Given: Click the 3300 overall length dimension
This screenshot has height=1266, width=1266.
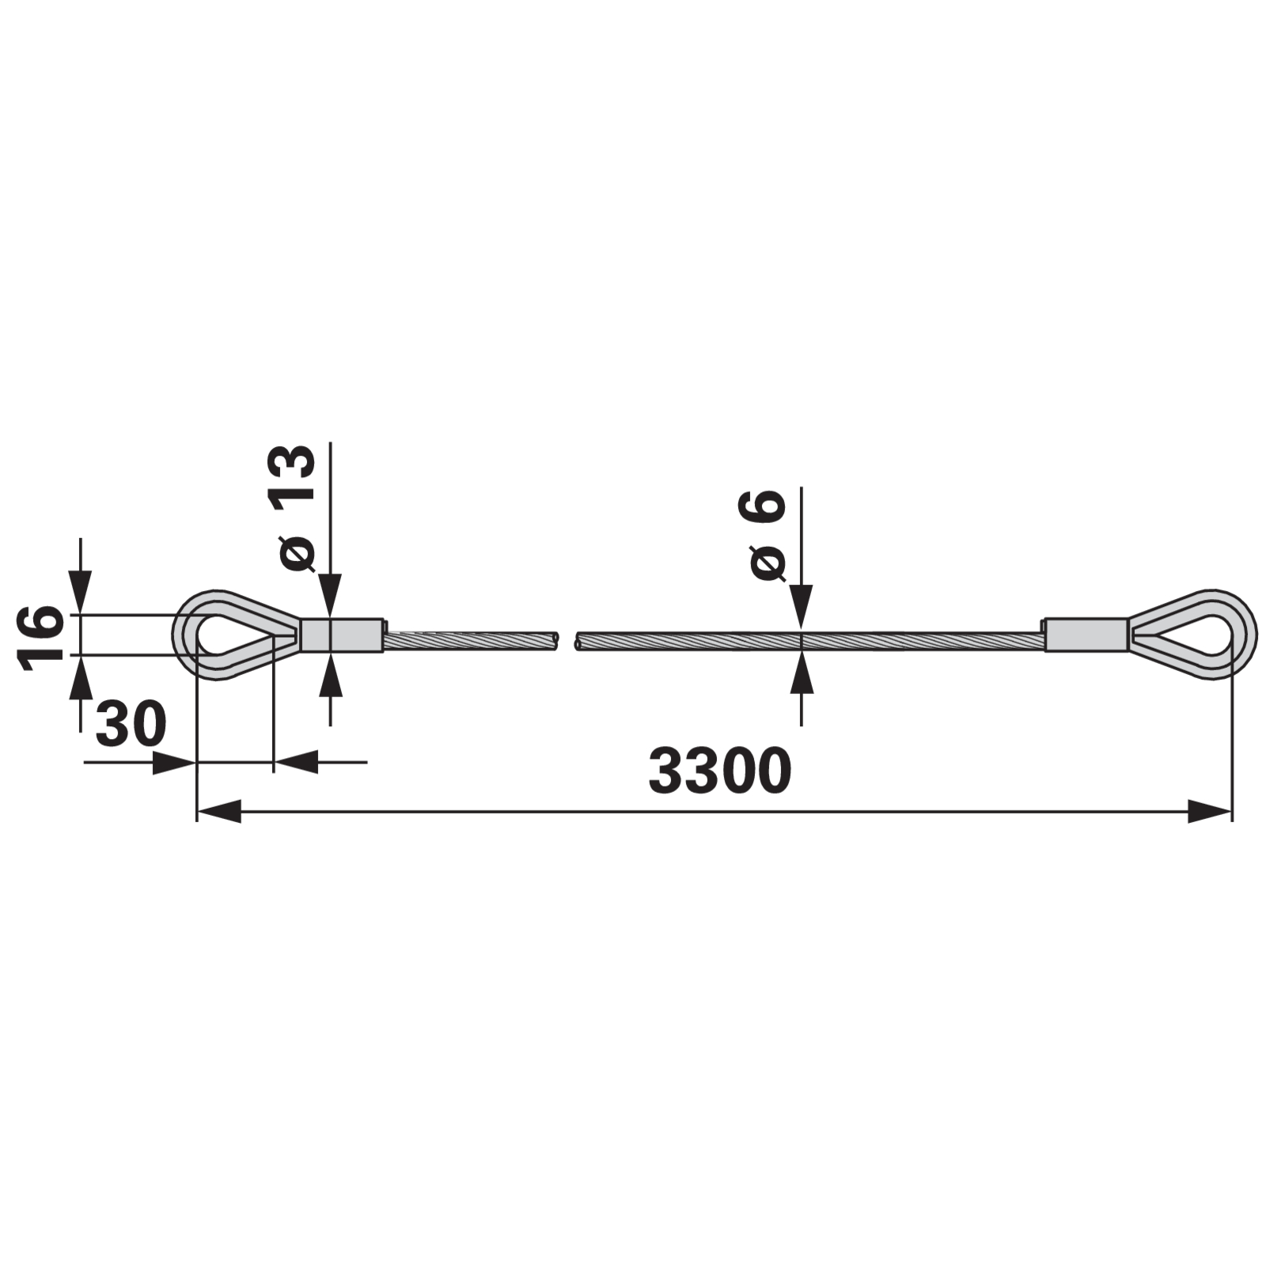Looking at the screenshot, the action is coord(719,771).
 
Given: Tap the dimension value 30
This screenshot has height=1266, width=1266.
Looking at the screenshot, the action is coord(131,723).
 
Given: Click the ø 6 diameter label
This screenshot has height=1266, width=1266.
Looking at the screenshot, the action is coord(763,535).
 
